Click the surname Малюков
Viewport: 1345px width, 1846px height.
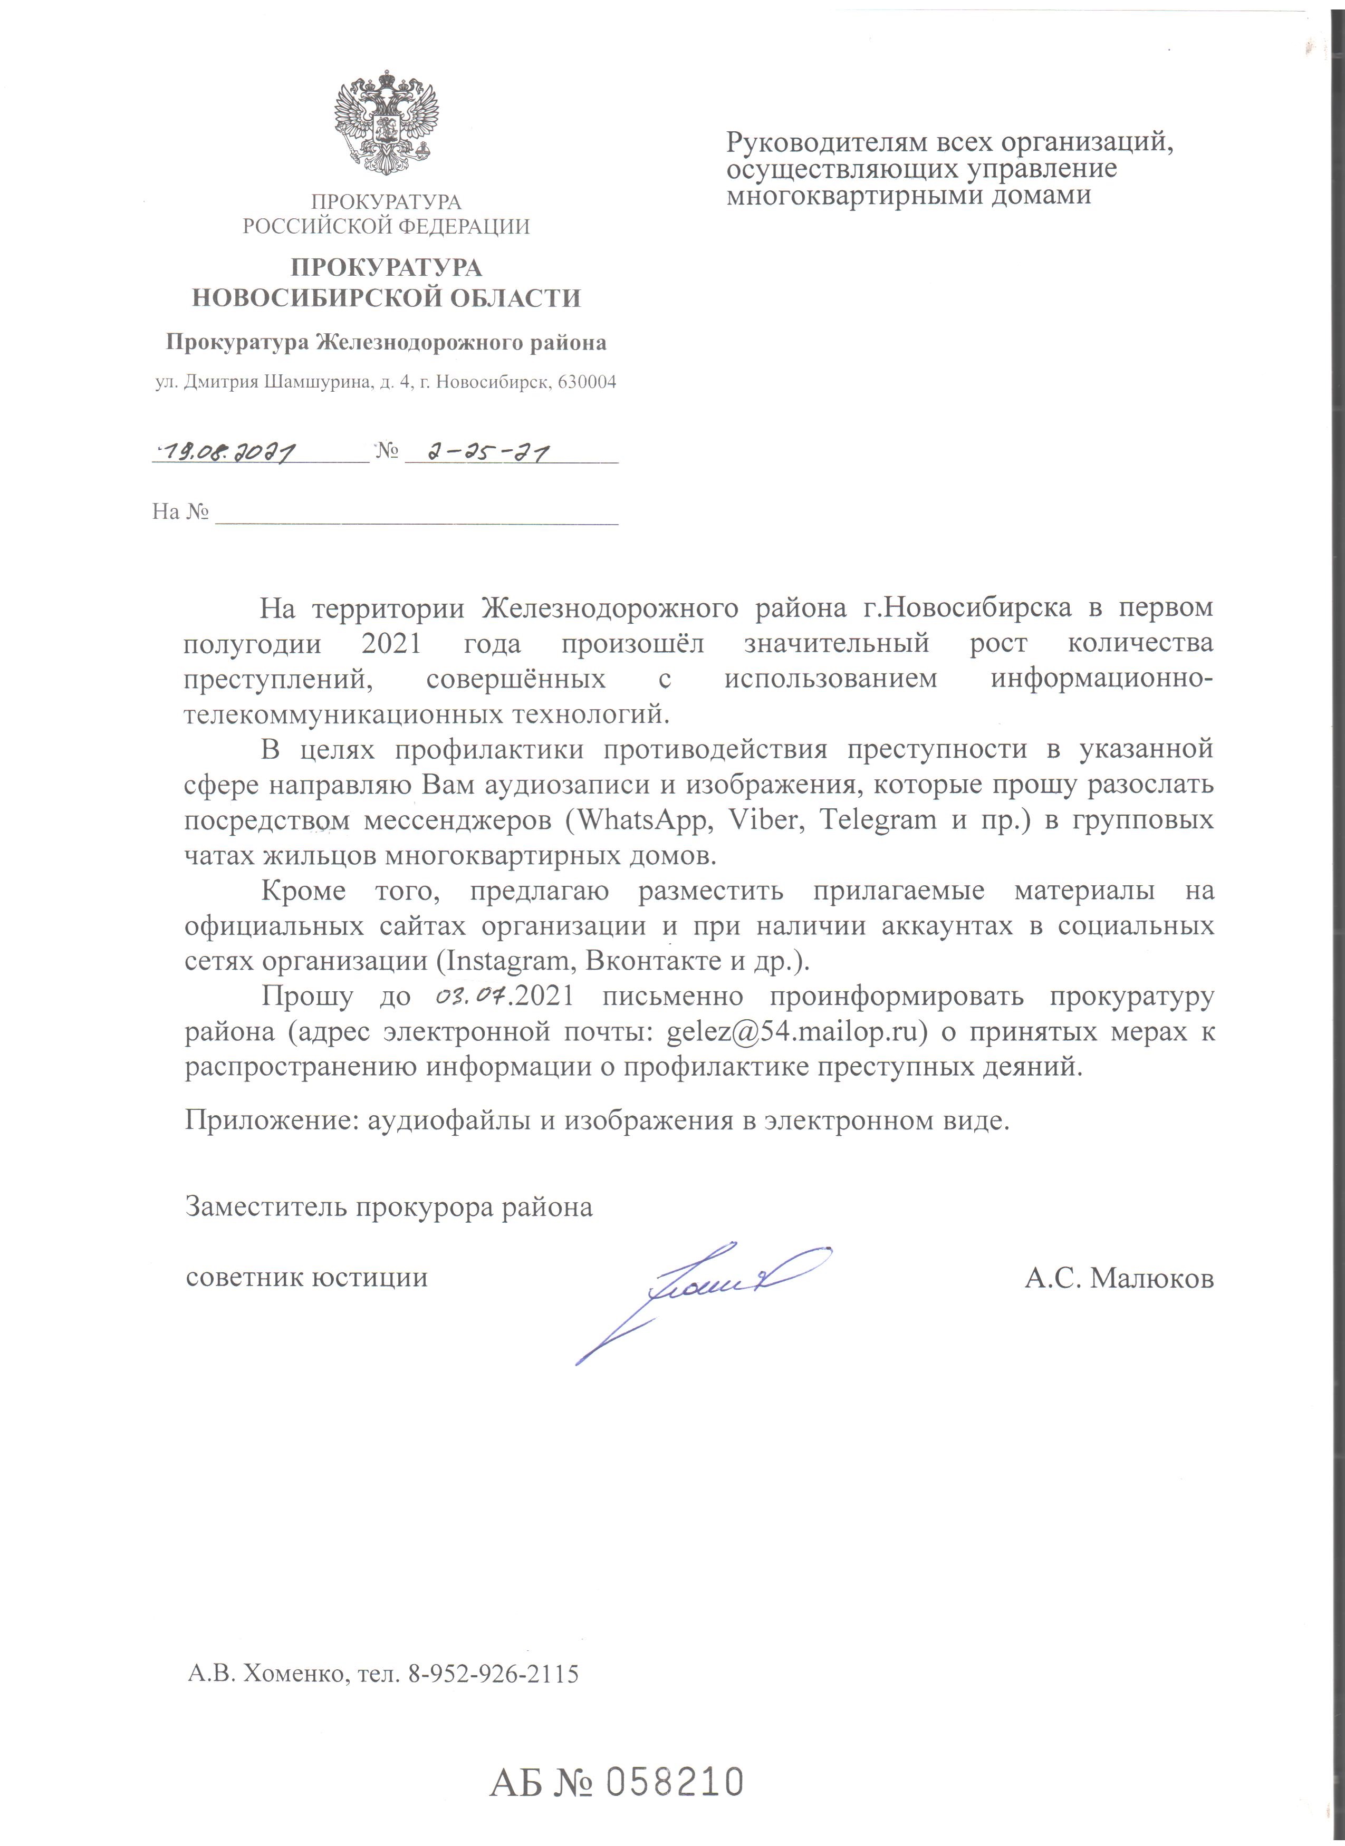pyautogui.click(x=1151, y=1279)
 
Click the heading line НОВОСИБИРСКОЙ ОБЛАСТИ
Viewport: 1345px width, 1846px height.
pyautogui.click(x=386, y=299)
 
